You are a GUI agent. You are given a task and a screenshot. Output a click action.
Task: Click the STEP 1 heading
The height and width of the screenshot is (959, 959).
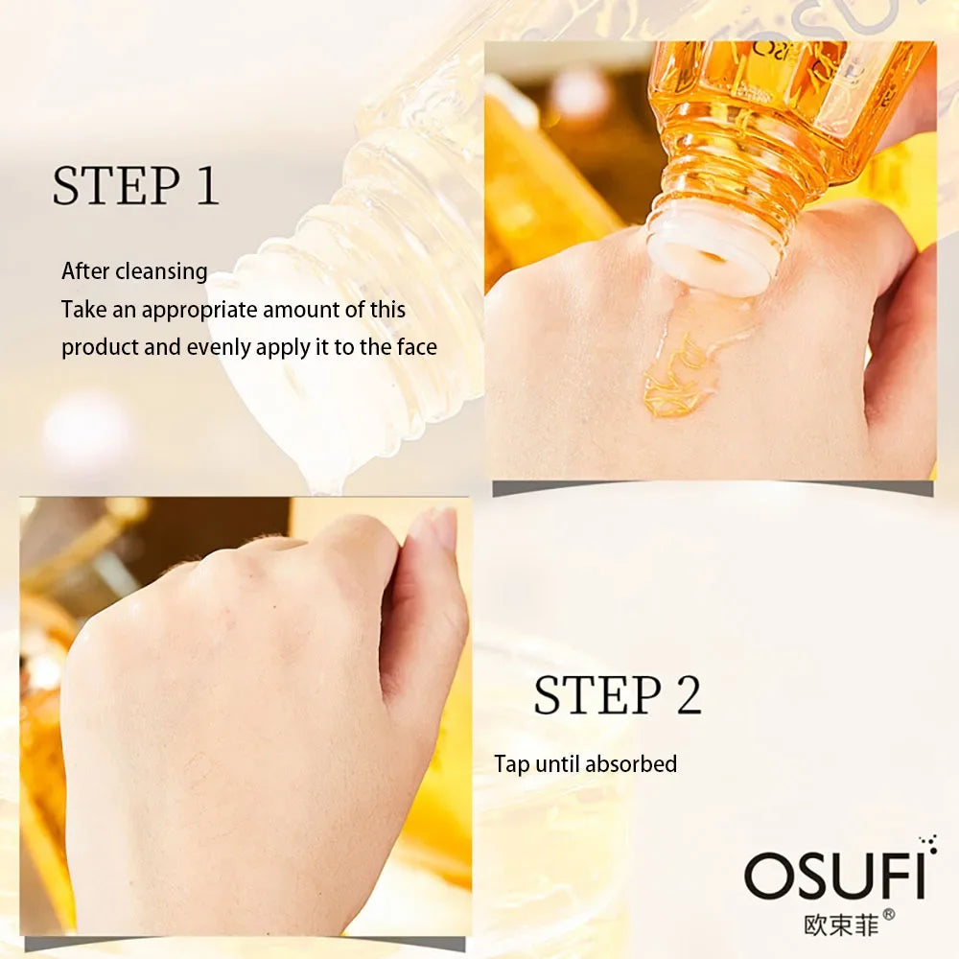[135, 186]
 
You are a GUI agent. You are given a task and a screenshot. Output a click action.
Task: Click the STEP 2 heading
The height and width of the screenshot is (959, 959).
[618, 695]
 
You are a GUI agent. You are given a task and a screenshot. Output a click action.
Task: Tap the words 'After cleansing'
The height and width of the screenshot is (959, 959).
[134, 271]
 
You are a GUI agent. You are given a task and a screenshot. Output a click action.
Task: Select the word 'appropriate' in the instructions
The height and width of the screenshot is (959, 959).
[200, 310]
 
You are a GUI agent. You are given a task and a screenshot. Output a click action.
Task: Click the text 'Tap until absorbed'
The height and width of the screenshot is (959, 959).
[585, 763]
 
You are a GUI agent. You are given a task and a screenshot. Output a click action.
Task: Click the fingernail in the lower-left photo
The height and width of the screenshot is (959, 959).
[444, 530]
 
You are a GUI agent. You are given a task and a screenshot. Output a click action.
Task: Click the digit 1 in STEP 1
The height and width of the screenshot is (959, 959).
[206, 186]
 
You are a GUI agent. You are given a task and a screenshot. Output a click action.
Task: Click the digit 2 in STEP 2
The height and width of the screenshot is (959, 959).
[688, 695]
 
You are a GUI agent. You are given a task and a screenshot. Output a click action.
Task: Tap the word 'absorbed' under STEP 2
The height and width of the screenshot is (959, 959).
[631, 763]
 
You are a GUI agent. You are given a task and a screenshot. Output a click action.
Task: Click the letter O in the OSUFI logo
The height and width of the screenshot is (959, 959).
[767, 876]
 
